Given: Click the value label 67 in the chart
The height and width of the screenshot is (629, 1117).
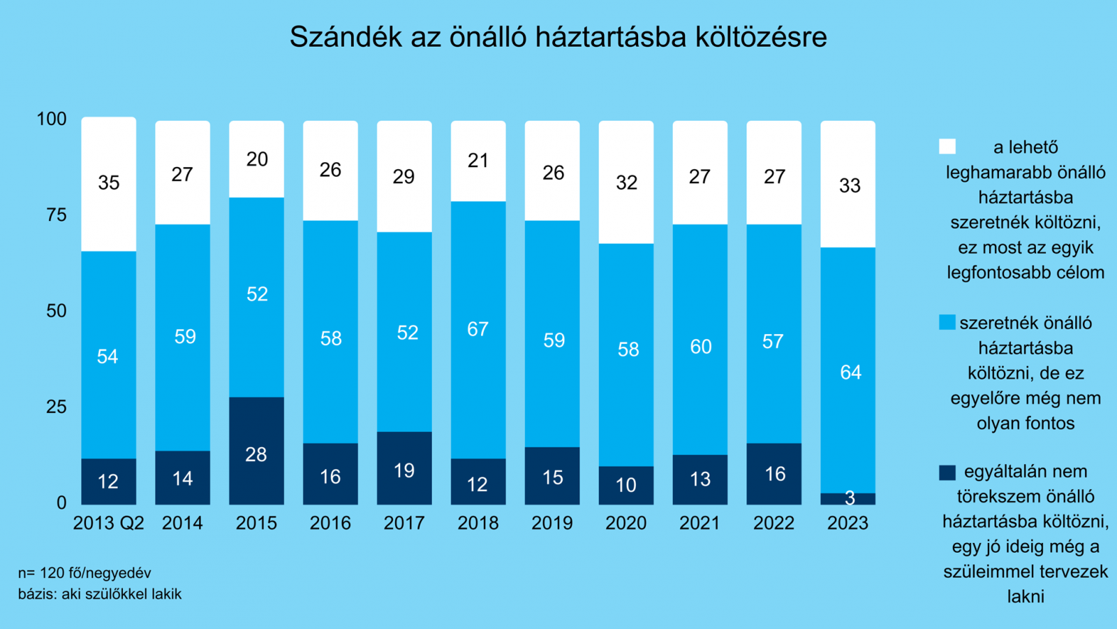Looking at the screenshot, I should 478,329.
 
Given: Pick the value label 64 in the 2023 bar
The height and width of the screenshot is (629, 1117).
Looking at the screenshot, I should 850,373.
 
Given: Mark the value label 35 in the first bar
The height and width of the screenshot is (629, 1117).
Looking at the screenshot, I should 109,183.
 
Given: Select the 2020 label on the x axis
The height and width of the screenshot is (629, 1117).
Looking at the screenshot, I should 626,523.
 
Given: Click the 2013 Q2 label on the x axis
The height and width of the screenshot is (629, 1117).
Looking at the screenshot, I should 109,523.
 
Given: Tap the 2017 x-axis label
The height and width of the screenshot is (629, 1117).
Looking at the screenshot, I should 404,523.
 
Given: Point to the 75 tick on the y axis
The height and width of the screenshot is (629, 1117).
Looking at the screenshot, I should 57,215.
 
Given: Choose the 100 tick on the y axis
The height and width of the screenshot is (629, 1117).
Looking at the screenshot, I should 52,119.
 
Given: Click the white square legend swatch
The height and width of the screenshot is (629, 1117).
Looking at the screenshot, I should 947,147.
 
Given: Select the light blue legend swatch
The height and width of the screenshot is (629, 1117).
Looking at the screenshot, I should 947,322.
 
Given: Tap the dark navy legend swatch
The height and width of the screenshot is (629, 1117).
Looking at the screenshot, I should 947,472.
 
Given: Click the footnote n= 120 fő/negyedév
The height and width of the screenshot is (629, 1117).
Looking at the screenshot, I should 84,573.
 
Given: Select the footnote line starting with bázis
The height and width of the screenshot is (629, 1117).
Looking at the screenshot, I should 100,594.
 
